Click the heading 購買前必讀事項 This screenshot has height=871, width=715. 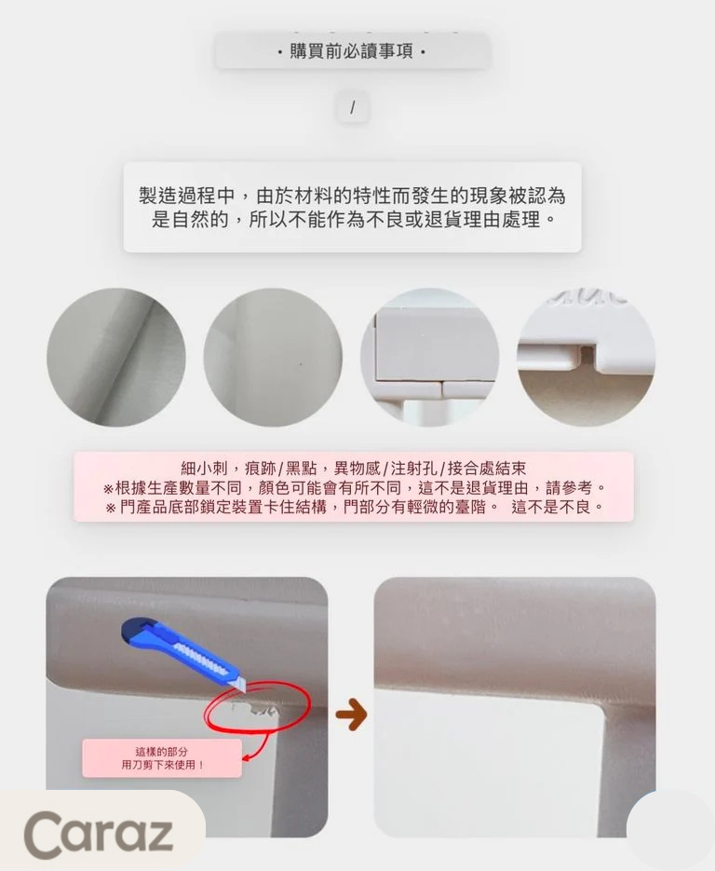pos(352,51)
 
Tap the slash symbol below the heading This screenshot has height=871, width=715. pos(352,108)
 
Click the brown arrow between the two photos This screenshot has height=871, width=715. pos(350,714)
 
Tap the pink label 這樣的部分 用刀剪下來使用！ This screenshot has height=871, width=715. pos(162,757)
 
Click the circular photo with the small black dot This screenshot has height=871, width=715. pos(273,358)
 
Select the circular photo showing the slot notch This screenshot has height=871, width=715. pos(586,358)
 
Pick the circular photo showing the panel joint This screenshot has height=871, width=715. pos(429,358)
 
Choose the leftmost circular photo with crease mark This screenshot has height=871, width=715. pos(116,358)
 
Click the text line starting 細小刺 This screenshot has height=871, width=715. pos(353,468)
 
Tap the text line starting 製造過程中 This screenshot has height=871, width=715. pos(352,197)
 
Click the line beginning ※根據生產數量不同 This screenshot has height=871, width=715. pos(353,487)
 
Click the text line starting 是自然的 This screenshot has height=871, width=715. pos(352,221)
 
